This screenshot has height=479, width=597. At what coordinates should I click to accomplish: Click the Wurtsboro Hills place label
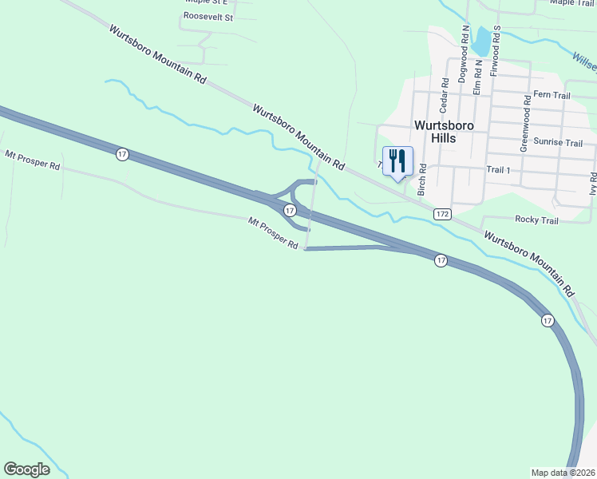click(445, 132)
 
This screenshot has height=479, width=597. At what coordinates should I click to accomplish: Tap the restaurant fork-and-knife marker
click(397, 160)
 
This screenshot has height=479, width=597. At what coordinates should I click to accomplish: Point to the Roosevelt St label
click(208, 16)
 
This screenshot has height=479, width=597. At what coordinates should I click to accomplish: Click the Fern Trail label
click(552, 95)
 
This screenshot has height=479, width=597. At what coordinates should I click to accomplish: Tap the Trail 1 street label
click(497, 170)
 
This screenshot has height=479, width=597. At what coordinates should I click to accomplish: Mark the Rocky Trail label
click(537, 220)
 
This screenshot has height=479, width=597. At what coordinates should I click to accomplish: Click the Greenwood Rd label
click(525, 124)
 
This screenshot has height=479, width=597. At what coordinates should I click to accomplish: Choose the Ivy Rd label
click(593, 184)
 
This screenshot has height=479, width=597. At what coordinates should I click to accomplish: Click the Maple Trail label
click(572, 2)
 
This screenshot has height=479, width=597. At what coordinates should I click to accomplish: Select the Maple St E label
click(206, 2)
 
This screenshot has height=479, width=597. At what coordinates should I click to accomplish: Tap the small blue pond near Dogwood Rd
click(481, 42)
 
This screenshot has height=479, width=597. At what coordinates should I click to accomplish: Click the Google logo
click(26, 469)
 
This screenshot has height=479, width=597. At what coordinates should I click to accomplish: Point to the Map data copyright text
click(563, 473)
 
